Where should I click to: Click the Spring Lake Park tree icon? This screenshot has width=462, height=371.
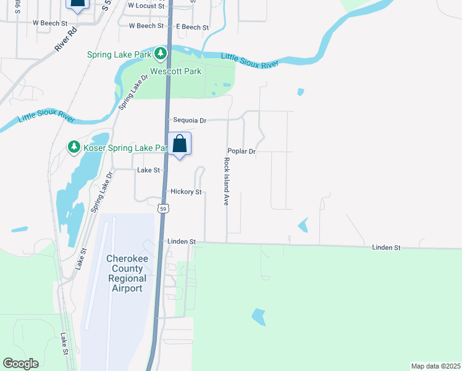coord(161,54)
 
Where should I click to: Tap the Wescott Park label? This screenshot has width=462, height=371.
coord(180,72)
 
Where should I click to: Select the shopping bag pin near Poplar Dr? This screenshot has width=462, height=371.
coord(179,144)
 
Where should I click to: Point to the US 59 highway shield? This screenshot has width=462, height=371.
coord(162,209)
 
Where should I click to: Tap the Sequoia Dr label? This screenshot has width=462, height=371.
coord(190,121)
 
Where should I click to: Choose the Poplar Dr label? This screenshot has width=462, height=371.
coord(241,151)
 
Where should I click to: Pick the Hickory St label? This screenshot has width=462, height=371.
coord(186,192)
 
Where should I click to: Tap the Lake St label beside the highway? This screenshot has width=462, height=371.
coord(148,170)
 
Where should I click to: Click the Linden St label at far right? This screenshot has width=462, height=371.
coord(386,247)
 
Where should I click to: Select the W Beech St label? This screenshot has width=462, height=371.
coord(50,23)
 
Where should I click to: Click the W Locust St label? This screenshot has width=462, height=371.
coord(146,5)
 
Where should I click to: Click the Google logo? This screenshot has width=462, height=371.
coord(20,364)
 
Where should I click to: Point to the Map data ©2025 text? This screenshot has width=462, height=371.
coord(435,366)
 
